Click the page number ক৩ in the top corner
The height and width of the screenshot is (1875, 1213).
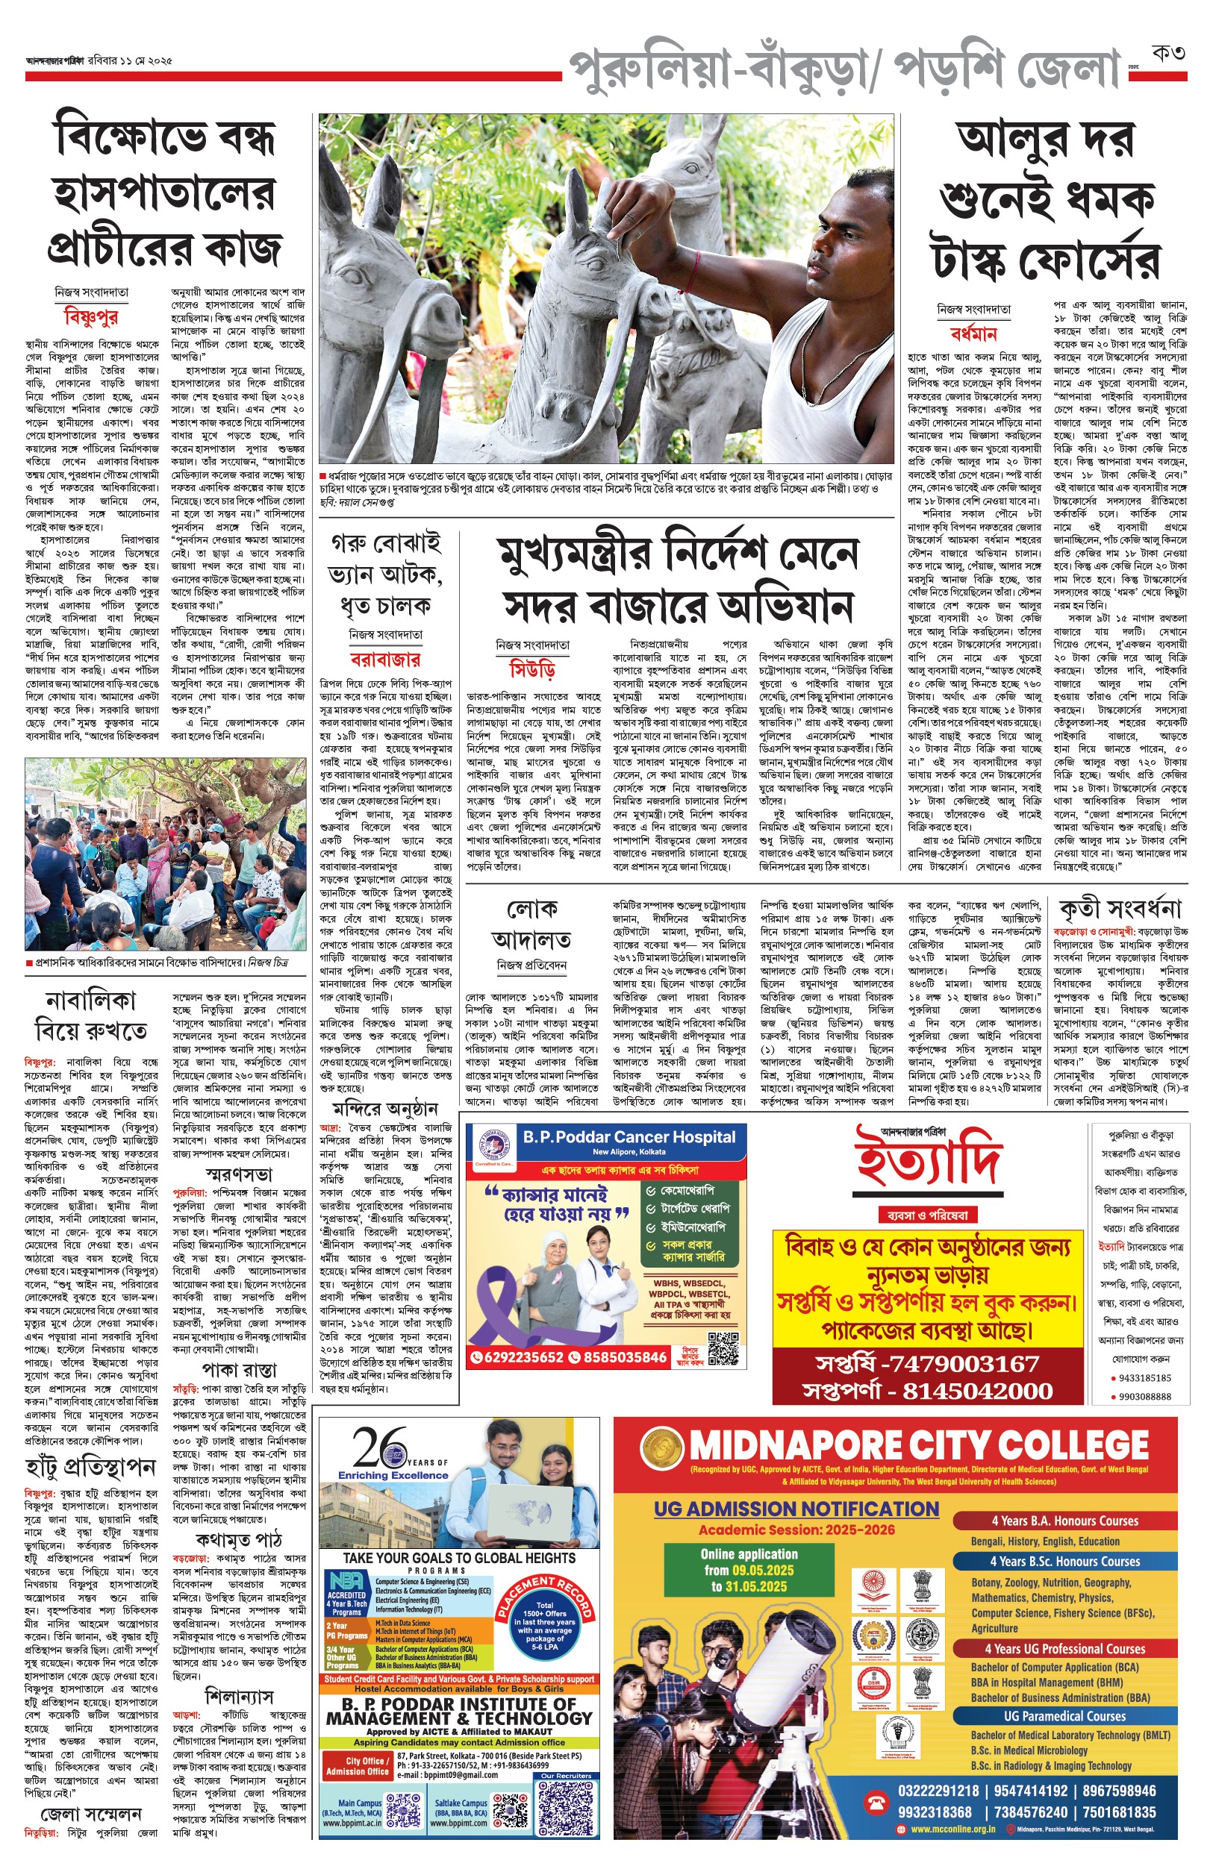click(1168, 54)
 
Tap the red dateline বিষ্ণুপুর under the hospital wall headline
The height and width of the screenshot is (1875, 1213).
click(91, 316)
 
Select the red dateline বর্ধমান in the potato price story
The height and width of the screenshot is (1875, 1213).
click(973, 334)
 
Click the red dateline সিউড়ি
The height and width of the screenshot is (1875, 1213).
click(532, 671)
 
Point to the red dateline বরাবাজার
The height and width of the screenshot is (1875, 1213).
click(385, 659)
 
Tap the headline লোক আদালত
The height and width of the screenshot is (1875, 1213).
click(532, 924)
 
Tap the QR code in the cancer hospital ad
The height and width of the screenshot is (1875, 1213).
click(723, 1348)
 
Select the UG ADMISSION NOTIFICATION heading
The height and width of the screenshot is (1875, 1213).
click(796, 1509)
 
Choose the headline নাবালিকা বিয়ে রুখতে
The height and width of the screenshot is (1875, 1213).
click(90, 1015)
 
